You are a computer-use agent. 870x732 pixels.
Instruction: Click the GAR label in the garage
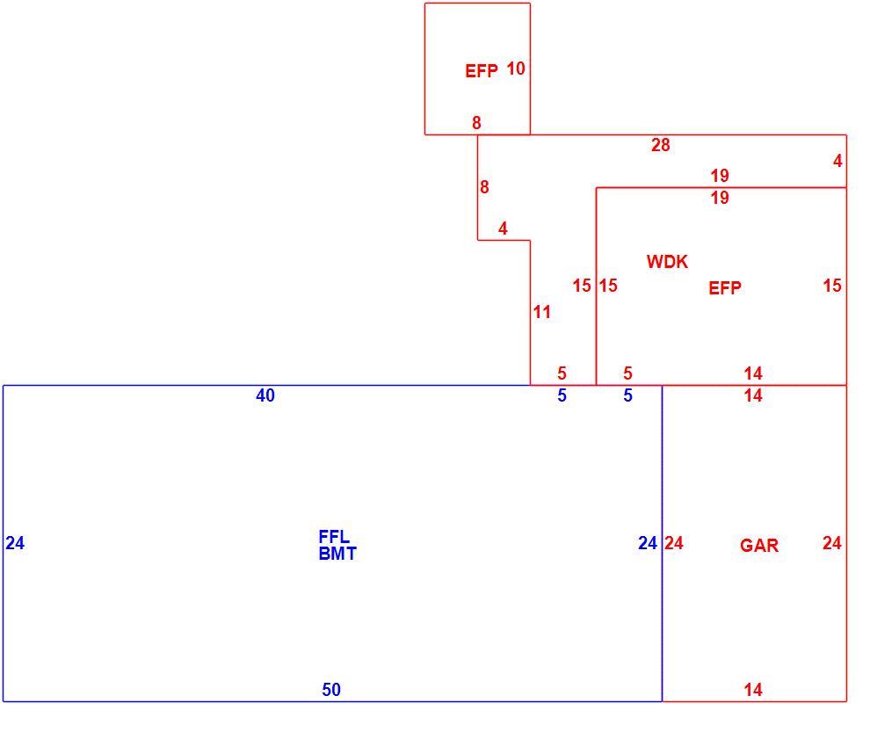pyautogui.click(x=759, y=546)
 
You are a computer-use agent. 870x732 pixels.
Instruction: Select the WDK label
pyautogui.click(x=667, y=261)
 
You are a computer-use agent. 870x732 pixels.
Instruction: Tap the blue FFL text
pyautogui.click(x=334, y=537)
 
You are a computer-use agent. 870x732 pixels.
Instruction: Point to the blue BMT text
pyautogui.click(x=337, y=554)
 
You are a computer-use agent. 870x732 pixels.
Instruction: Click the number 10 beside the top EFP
pyautogui.click(x=516, y=69)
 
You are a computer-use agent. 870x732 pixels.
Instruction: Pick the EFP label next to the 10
pyautogui.click(x=481, y=71)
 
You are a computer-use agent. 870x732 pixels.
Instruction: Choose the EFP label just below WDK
pyautogui.click(x=725, y=288)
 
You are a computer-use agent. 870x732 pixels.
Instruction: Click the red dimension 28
pyautogui.click(x=660, y=145)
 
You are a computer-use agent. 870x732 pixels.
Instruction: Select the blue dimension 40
pyautogui.click(x=265, y=395)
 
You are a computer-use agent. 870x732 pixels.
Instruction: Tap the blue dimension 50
pyautogui.click(x=331, y=689)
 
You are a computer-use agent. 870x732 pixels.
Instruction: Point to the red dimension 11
pyautogui.click(x=541, y=312)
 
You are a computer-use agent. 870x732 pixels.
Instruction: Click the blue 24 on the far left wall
pyautogui.click(x=15, y=543)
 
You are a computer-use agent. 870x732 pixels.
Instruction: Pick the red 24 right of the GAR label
pyautogui.click(x=831, y=543)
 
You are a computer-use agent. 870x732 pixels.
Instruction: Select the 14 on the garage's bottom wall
pyautogui.click(x=753, y=689)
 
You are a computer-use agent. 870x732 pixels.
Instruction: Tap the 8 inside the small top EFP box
pyautogui.click(x=476, y=123)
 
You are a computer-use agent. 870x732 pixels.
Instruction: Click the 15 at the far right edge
pyautogui.click(x=832, y=286)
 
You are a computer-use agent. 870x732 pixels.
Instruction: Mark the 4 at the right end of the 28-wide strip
pyautogui.click(x=837, y=161)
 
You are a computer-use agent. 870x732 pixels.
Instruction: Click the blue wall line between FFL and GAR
pyautogui.click(x=662, y=543)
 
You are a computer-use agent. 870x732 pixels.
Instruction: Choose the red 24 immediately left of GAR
pyautogui.click(x=673, y=543)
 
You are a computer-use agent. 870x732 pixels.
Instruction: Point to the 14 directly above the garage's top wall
pyautogui.click(x=753, y=373)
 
